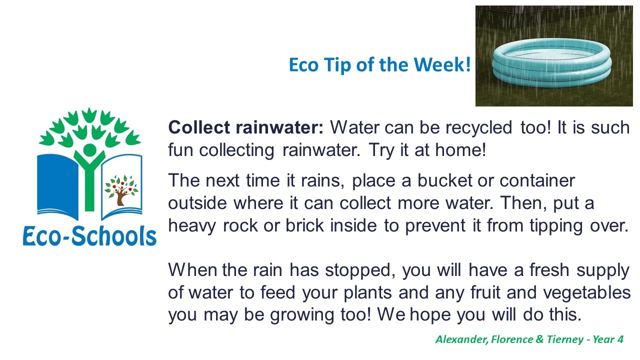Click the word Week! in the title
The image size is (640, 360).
coord(442,64)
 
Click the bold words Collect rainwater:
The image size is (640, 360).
coord(245,127)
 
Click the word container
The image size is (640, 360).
coord(537,180)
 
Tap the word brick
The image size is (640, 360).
coord(304,225)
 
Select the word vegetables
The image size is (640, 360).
coord(586,293)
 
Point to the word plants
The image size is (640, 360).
coord(367,293)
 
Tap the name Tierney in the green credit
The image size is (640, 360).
coord(565,340)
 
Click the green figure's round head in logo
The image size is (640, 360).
coord(89,149)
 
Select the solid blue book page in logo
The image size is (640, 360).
coord(57,184)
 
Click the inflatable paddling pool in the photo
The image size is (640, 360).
coord(551,62)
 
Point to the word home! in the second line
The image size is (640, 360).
coord(460,150)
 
